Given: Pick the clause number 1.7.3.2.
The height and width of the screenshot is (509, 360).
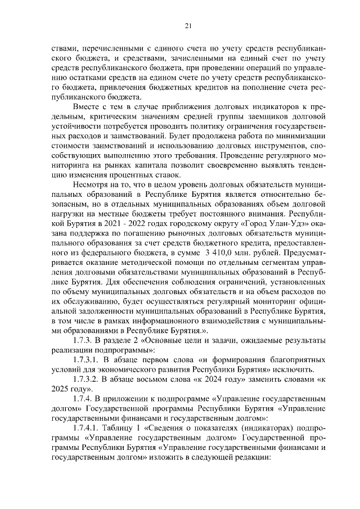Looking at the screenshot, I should (88, 381).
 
